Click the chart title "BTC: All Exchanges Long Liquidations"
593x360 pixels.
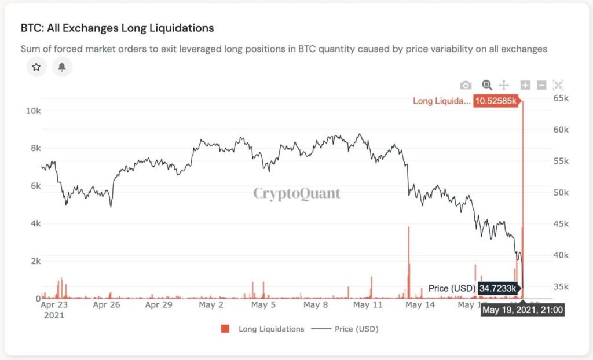point(117,28)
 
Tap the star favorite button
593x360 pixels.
point(36,67)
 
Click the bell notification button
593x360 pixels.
point(62,67)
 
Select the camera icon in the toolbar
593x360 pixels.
point(466,85)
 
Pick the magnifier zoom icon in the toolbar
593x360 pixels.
point(487,85)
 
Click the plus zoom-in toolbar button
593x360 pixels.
point(525,85)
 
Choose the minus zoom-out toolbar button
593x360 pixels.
point(541,85)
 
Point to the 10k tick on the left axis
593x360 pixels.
point(33,110)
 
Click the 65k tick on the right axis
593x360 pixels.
point(561,98)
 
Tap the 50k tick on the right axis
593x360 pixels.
point(561,192)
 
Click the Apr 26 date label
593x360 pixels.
point(107,304)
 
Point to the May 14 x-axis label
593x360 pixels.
point(420,304)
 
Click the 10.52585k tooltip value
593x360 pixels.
point(495,101)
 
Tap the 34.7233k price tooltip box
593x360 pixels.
point(500,288)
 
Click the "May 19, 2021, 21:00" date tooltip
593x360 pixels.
point(522,310)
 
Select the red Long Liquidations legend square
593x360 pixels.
point(225,329)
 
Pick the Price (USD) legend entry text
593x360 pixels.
point(356,329)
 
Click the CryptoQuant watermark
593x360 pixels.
point(296,193)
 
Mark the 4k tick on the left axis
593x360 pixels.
point(35,223)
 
